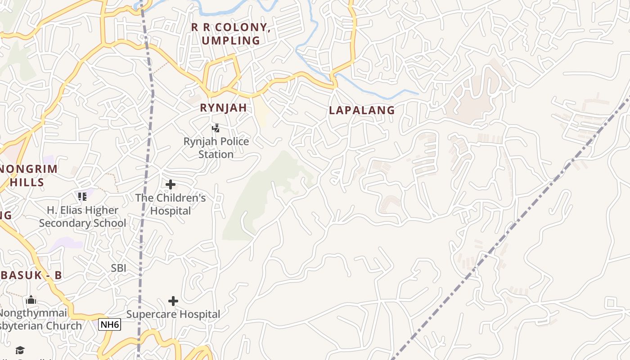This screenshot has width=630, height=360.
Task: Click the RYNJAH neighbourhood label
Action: [223, 108]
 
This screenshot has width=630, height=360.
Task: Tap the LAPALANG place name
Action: [362, 110]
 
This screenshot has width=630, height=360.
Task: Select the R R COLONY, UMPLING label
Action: [231, 34]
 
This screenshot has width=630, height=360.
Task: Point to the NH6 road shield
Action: [110, 324]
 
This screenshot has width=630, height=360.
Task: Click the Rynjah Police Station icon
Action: [216, 128]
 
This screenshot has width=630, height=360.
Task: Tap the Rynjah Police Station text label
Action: [216, 148]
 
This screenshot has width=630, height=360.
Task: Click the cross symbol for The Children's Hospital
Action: [171, 184]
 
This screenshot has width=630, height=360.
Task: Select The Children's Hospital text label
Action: [171, 204]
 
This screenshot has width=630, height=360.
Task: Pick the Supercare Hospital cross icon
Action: [173, 301]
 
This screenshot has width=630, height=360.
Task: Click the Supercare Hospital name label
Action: [173, 314]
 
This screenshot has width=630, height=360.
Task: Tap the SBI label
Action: [119, 268]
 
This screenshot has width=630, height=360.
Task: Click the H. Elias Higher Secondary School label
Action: [82, 216]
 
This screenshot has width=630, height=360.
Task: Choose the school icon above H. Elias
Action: [82, 197]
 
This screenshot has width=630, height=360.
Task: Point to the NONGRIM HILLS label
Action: [28, 175]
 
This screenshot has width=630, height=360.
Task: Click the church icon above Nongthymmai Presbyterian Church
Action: [31, 300]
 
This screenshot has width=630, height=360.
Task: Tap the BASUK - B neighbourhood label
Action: [31, 275]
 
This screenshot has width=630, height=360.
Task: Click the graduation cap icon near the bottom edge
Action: [20, 350]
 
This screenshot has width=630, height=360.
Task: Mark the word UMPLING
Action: [231, 40]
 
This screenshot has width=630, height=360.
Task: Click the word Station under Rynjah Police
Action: [216, 154]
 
